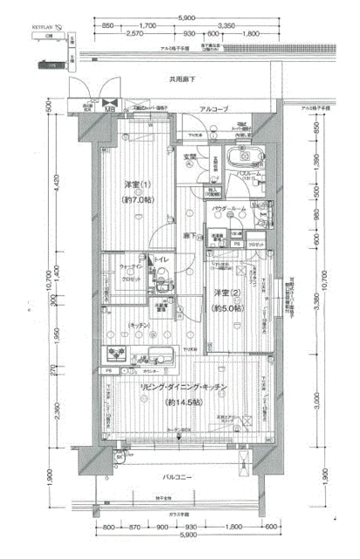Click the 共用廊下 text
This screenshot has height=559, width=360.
183,79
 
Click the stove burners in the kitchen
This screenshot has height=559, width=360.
116,355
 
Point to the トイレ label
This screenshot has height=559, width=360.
162,260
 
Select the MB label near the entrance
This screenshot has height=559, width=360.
109,109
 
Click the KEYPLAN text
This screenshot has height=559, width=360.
44,28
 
